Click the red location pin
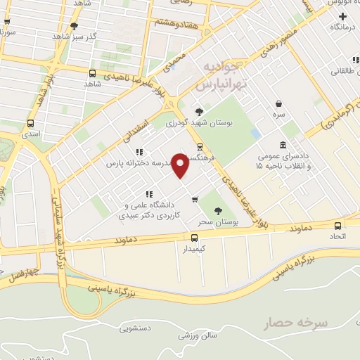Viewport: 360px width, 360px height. pos(180,165)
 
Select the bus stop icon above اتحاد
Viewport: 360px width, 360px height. pos(338,226)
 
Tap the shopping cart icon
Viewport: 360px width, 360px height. pos(194,199)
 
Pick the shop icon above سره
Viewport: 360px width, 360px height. pos(279,103)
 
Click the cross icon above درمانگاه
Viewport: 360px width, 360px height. pos(342,15)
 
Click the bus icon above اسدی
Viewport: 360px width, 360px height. pos(30,121)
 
